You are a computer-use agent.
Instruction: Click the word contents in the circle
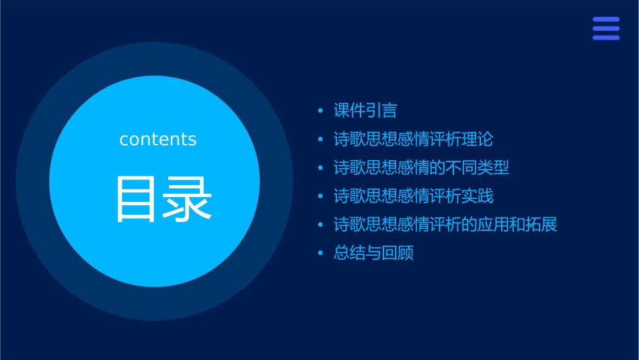click(x=157, y=139)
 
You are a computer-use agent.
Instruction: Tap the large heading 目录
click(x=163, y=199)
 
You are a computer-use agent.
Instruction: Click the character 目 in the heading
click(x=137, y=199)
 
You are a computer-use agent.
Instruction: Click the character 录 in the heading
click(x=189, y=199)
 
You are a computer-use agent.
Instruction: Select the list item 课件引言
click(x=365, y=110)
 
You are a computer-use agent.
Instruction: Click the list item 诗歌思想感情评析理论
click(x=413, y=139)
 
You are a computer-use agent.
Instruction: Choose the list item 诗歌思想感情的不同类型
click(x=421, y=168)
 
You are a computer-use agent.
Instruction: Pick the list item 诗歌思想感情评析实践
click(x=413, y=196)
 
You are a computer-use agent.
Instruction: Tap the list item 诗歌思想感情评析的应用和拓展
click(x=445, y=225)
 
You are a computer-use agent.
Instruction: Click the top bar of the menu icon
click(x=606, y=20)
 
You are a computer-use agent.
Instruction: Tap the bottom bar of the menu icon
click(x=606, y=38)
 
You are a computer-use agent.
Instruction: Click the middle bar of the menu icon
click(x=606, y=28)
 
